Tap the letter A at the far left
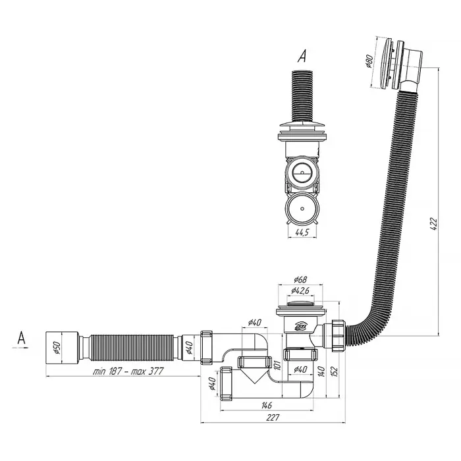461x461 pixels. tap(21, 339)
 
